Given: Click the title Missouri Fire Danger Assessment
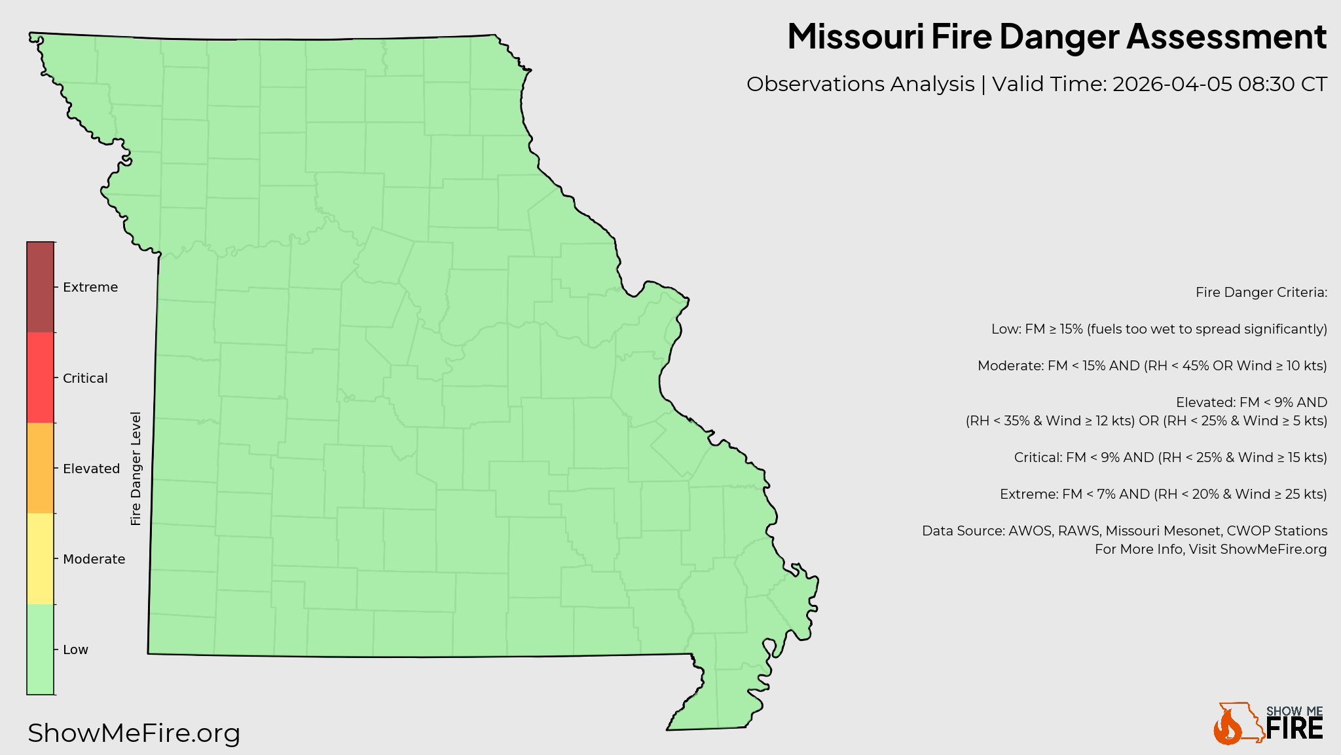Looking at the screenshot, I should (1056, 36).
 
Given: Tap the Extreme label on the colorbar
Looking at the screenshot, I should (90, 288).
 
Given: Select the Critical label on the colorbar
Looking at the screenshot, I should (85, 378).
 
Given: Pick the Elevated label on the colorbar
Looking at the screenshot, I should (91, 469).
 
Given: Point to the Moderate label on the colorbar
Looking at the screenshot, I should (94, 559).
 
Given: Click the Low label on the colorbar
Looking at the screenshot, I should (75, 649).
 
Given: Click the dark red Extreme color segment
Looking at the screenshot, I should (40, 287).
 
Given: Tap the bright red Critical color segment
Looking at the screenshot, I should (40, 377).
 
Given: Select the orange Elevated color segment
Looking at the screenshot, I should (40, 468).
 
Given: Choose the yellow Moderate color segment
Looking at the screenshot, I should (40, 558).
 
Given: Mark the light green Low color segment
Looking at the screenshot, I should (40, 649).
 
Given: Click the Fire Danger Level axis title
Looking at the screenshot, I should (136, 469).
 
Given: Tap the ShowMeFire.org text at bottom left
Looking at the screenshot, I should (134, 733).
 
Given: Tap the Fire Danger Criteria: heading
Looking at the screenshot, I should (1261, 292).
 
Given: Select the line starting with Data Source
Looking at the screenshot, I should (1124, 531).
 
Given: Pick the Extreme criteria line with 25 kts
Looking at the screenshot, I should (1163, 494).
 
